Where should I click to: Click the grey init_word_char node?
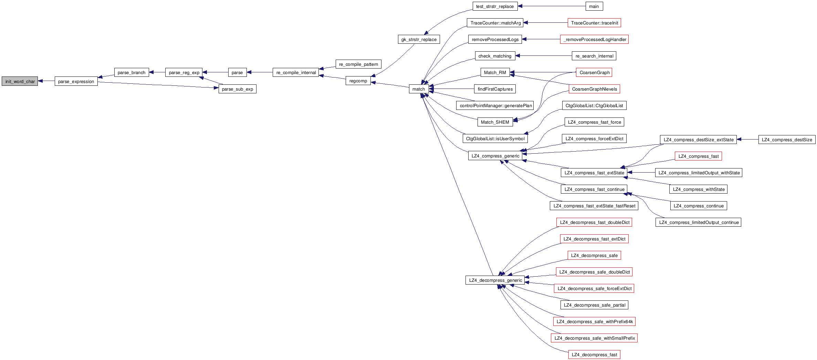click(20, 81)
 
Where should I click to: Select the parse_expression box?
click(76, 81)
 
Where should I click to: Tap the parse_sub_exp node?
click(237, 89)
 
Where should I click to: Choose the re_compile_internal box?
click(296, 72)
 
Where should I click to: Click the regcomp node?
click(358, 81)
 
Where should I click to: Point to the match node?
click(419, 89)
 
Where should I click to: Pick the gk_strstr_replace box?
click(419, 39)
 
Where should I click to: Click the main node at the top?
click(594, 6)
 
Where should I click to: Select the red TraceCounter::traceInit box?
click(594, 23)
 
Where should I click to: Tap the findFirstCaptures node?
click(495, 89)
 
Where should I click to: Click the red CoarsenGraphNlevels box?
click(594, 89)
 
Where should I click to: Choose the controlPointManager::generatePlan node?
click(495, 105)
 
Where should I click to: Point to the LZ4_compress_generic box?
click(495, 156)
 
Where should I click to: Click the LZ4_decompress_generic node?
click(495, 280)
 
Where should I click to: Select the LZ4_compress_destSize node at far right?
click(787, 140)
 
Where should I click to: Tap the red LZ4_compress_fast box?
click(698, 156)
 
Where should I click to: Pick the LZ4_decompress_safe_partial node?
click(594, 305)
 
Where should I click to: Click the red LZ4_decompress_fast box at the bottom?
click(594, 354)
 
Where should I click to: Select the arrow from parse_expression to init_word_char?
click(46, 81)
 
